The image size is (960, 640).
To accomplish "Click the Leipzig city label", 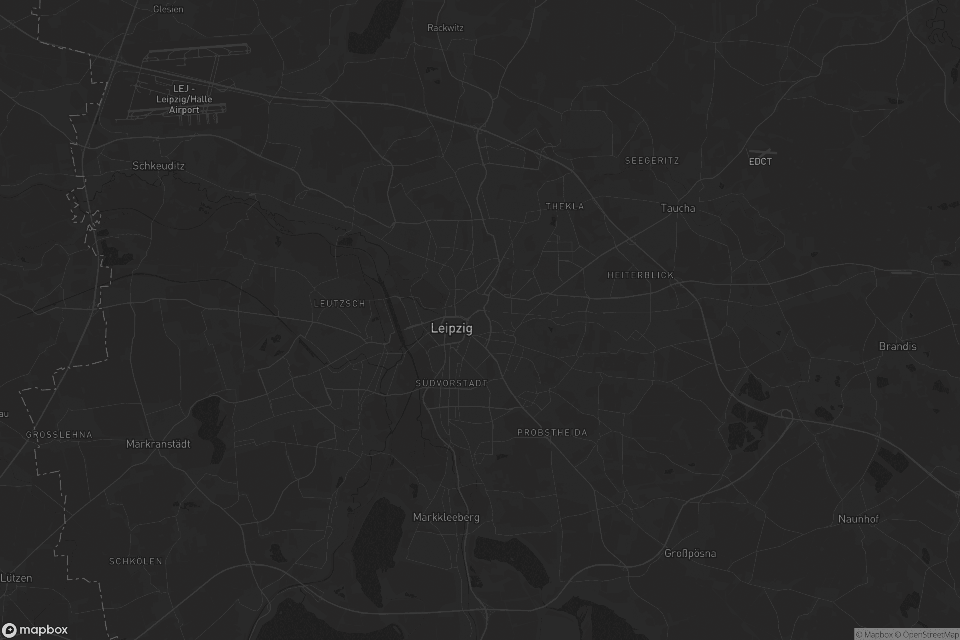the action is point(452,328).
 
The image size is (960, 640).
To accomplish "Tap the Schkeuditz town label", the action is point(158,166).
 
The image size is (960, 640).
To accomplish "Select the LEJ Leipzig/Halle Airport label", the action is point(184,99).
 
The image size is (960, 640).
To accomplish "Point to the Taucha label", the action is point(678,208).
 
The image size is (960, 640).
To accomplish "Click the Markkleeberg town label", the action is point(446,517).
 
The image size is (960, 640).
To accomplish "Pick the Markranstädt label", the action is point(158,444).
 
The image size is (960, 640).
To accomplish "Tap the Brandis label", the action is point(898,346).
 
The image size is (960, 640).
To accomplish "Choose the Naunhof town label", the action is point(858,519).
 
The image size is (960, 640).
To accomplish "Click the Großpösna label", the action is point(690,553).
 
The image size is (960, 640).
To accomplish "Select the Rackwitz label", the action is point(445,28).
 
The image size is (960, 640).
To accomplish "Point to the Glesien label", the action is point(168,9).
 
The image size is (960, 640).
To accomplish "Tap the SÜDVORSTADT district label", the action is point(452,383).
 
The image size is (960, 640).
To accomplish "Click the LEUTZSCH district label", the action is point(339,304).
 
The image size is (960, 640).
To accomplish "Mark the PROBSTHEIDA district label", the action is point(552,433).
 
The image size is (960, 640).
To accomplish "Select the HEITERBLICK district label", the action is point(640,276).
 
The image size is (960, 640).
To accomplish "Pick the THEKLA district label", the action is point(565,206).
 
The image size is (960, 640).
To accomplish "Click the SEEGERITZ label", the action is point(652,161).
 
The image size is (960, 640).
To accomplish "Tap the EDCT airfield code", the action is point(760,162).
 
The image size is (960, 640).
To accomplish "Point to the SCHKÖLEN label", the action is point(136,561).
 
